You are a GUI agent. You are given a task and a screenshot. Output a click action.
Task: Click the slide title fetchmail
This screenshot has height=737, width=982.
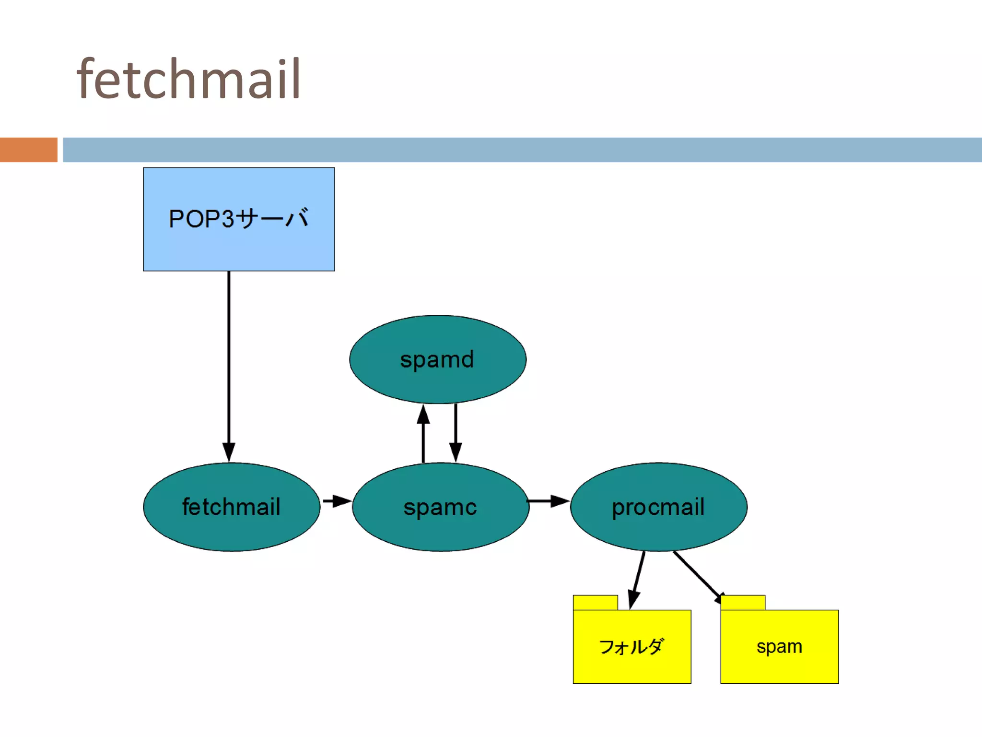coord(188,79)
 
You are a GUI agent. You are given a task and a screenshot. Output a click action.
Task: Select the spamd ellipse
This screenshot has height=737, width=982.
coord(437,359)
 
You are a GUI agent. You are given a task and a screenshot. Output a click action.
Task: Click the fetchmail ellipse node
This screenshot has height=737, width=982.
coord(232,507)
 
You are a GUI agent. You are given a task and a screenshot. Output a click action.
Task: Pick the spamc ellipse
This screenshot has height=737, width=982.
coord(440,507)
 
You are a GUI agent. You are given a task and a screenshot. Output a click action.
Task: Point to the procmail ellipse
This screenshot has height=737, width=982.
coord(658,507)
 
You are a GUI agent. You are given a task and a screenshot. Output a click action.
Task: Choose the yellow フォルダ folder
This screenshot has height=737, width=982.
coord(632,646)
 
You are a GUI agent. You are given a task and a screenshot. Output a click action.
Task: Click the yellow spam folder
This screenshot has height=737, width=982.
coord(779,646)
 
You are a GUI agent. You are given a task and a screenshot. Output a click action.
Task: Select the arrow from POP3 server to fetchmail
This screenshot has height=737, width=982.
coord(229,365)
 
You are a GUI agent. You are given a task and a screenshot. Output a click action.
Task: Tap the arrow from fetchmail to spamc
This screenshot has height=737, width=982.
coord(337,501)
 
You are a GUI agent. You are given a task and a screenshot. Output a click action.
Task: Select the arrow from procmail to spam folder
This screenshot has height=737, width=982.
coord(698,574)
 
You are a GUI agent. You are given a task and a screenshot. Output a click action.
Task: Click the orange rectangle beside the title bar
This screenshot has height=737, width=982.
coord(29,150)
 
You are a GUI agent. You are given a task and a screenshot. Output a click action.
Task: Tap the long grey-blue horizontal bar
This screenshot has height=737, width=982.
coord(523,150)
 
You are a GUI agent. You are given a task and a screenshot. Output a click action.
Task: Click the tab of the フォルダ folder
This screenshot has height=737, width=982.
coord(596,603)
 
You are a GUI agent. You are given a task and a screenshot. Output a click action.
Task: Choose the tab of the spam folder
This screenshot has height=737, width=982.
coord(743,603)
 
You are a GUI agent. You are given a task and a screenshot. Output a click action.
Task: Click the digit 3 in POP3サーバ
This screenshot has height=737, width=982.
coord(228,219)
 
